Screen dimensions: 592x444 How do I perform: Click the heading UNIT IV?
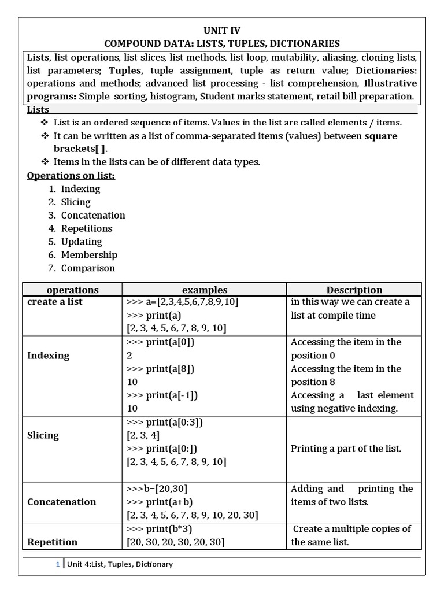coord(221,31)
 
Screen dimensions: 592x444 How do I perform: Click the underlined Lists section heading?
coord(38,109)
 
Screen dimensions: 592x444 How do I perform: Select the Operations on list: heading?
coord(71,175)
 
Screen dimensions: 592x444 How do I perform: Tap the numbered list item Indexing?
coord(80,188)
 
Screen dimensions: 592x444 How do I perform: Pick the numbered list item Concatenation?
coord(93,215)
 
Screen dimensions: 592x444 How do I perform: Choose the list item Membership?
coord(89,254)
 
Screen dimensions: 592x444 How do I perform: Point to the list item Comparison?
coord(88,268)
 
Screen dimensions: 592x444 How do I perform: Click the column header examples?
coord(205,290)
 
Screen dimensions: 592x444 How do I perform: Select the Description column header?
coord(354,290)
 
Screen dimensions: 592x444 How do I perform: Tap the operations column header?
coord(72,290)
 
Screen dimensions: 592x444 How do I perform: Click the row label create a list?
coord(55,302)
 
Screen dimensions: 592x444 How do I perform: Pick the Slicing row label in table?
coord(43,435)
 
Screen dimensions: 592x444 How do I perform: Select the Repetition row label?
coord(52,542)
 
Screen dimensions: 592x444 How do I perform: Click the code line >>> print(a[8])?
coord(160,368)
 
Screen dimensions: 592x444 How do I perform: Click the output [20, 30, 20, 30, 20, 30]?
coord(175,542)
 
